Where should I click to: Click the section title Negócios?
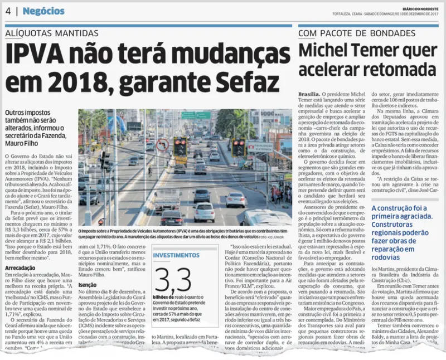click(44, 11)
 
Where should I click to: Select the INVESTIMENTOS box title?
click(176, 256)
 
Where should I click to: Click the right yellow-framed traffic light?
click(239, 148)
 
